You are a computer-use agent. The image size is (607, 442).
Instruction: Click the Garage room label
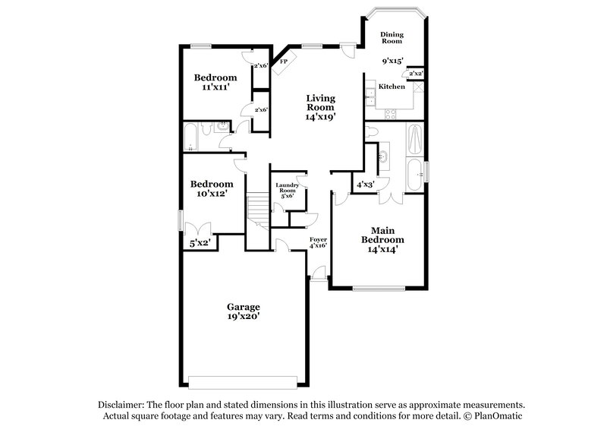tap(244, 307)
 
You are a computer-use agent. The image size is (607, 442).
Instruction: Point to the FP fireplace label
tap(285, 61)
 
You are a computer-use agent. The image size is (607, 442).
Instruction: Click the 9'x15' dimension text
tap(392, 60)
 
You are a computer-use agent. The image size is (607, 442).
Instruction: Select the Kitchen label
tap(392, 87)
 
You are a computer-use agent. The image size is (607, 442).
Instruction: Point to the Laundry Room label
tap(287, 188)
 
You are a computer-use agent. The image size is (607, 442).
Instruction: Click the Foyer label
tap(318, 239)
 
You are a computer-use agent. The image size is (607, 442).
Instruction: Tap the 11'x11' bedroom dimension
tap(215, 87)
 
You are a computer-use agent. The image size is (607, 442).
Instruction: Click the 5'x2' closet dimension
tap(200, 243)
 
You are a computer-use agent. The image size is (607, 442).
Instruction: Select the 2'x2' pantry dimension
tap(416, 74)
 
